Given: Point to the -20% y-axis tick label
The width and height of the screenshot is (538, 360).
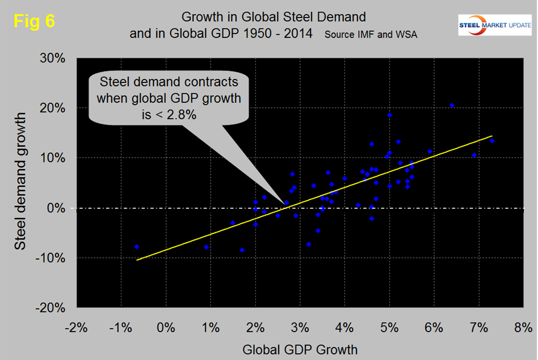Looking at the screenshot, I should (52, 308).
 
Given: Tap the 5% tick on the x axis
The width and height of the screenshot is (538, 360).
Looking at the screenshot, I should (389, 328).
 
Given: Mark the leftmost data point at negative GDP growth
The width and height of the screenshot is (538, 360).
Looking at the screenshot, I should (137, 247).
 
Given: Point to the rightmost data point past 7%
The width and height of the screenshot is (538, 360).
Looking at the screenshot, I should (492, 141).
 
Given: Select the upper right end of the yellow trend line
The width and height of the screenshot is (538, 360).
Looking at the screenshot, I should (491, 136).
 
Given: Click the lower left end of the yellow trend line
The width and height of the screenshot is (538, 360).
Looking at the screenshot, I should (137, 260).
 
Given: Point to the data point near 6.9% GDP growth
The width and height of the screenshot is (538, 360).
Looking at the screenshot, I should (474, 155).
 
